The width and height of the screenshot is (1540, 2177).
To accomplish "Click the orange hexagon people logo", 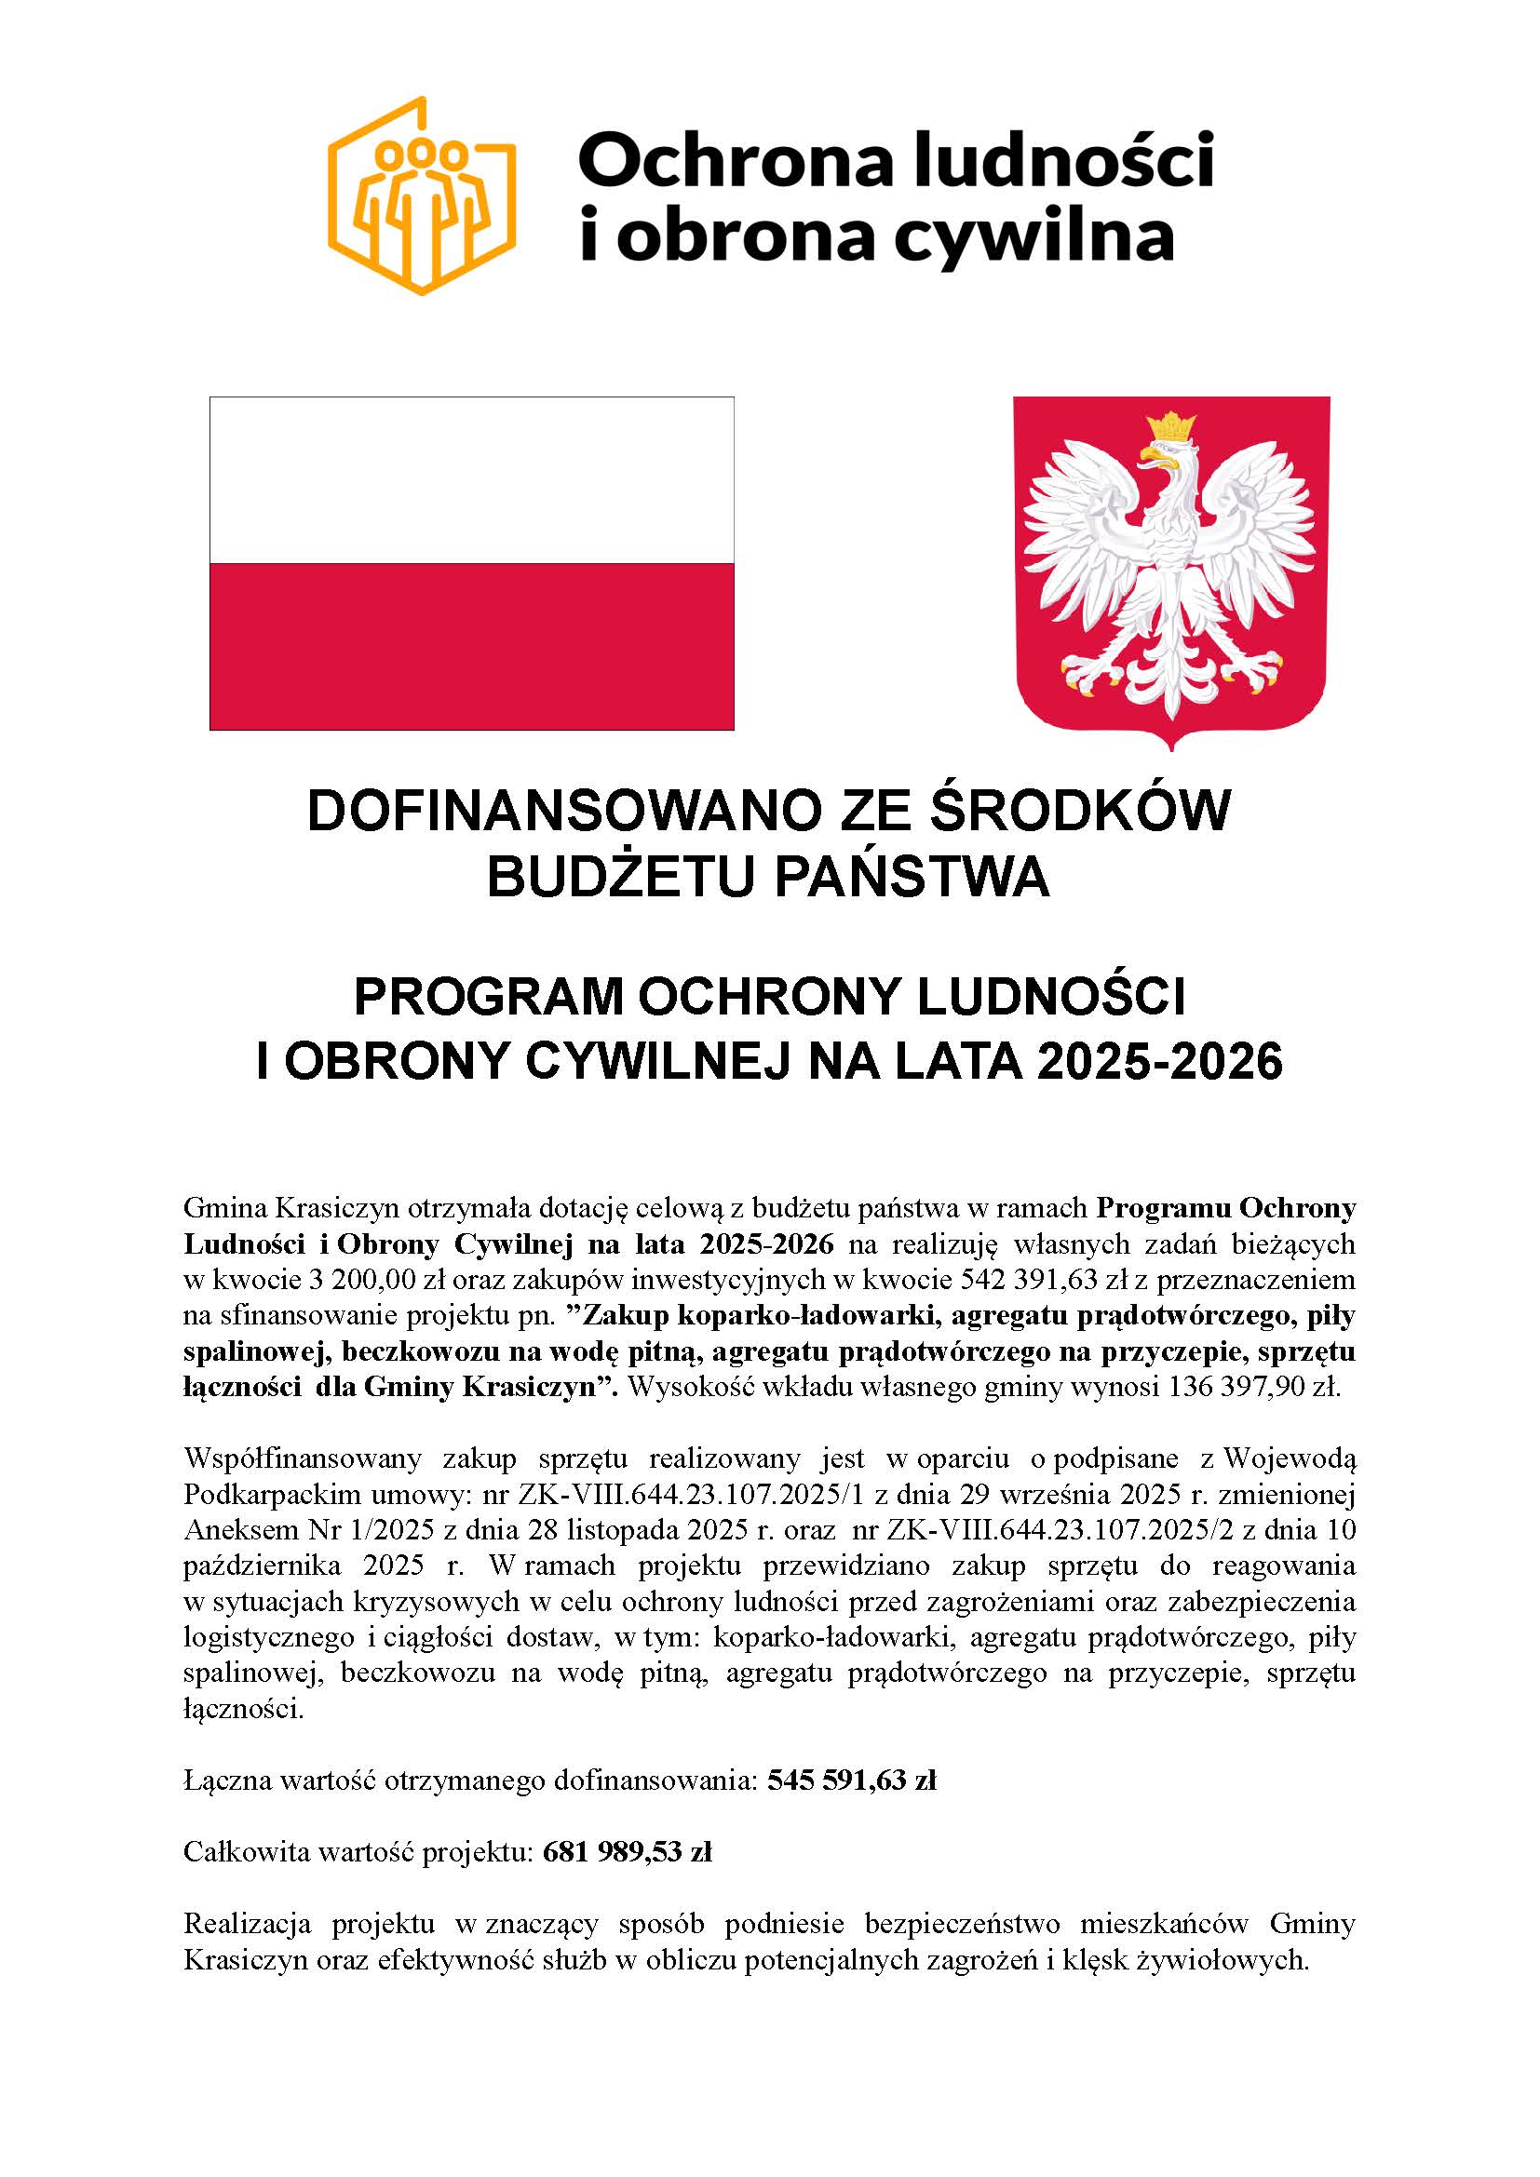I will (x=422, y=196).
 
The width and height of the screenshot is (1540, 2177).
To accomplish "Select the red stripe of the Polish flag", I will (x=471, y=646).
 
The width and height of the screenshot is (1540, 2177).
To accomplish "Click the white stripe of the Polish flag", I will (x=471, y=478).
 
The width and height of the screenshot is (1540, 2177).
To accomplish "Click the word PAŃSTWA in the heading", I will (x=912, y=877).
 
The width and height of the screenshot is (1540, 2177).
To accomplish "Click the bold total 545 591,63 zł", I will (x=852, y=1780).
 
